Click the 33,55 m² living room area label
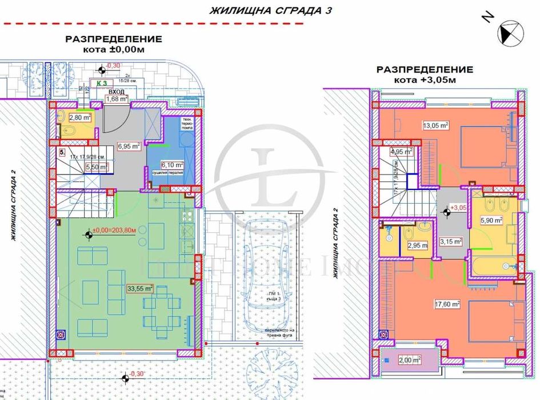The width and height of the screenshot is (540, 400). tap(140, 288)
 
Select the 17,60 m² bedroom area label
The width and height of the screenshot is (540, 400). tap(449, 304)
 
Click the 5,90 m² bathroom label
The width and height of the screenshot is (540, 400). tap(491, 220)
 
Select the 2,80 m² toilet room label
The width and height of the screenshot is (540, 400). tap(80, 117)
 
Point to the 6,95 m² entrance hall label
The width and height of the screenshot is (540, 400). tap(129, 146)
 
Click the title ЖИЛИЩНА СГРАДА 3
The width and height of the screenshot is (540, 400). tap(271, 10)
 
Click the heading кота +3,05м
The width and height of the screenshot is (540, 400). tap(424, 80)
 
